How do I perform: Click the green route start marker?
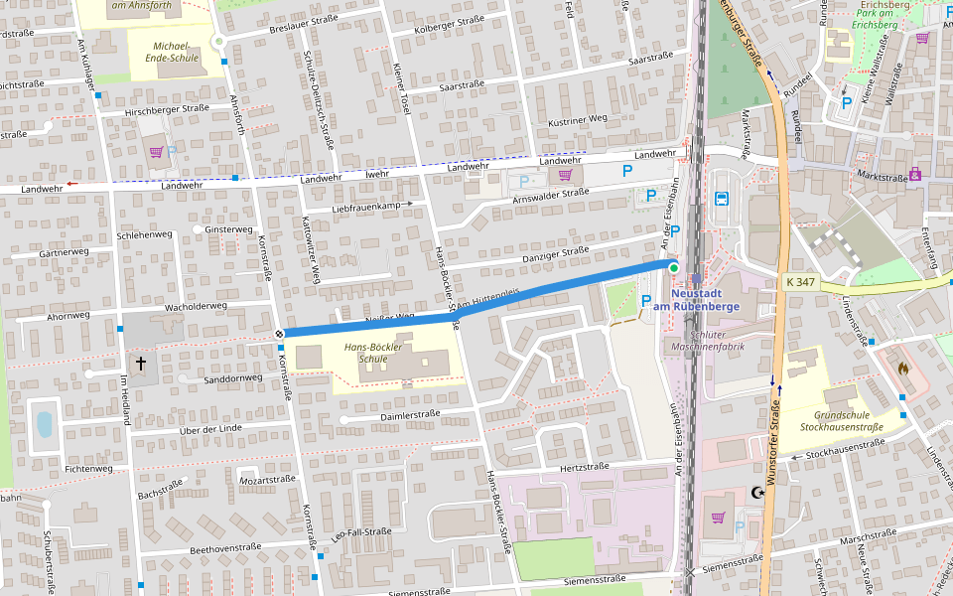(673, 268)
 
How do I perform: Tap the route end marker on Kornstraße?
(280, 334)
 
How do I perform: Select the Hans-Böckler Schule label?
(365, 353)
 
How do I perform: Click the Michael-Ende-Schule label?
(177, 52)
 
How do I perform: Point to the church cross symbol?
(140, 365)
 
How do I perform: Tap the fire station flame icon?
(901, 368)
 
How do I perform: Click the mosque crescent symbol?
(759, 493)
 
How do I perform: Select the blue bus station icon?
(722, 198)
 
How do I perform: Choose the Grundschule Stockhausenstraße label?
(848, 421)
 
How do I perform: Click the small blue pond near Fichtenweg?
(44, 424)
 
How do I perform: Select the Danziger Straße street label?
(547, 258)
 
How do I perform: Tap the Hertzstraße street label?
(584, 466)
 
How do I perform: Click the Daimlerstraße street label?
(409, 414)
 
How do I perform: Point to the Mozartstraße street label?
(269, 480)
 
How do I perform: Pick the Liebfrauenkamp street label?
(371, 207)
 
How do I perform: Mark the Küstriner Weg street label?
(577, 119)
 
